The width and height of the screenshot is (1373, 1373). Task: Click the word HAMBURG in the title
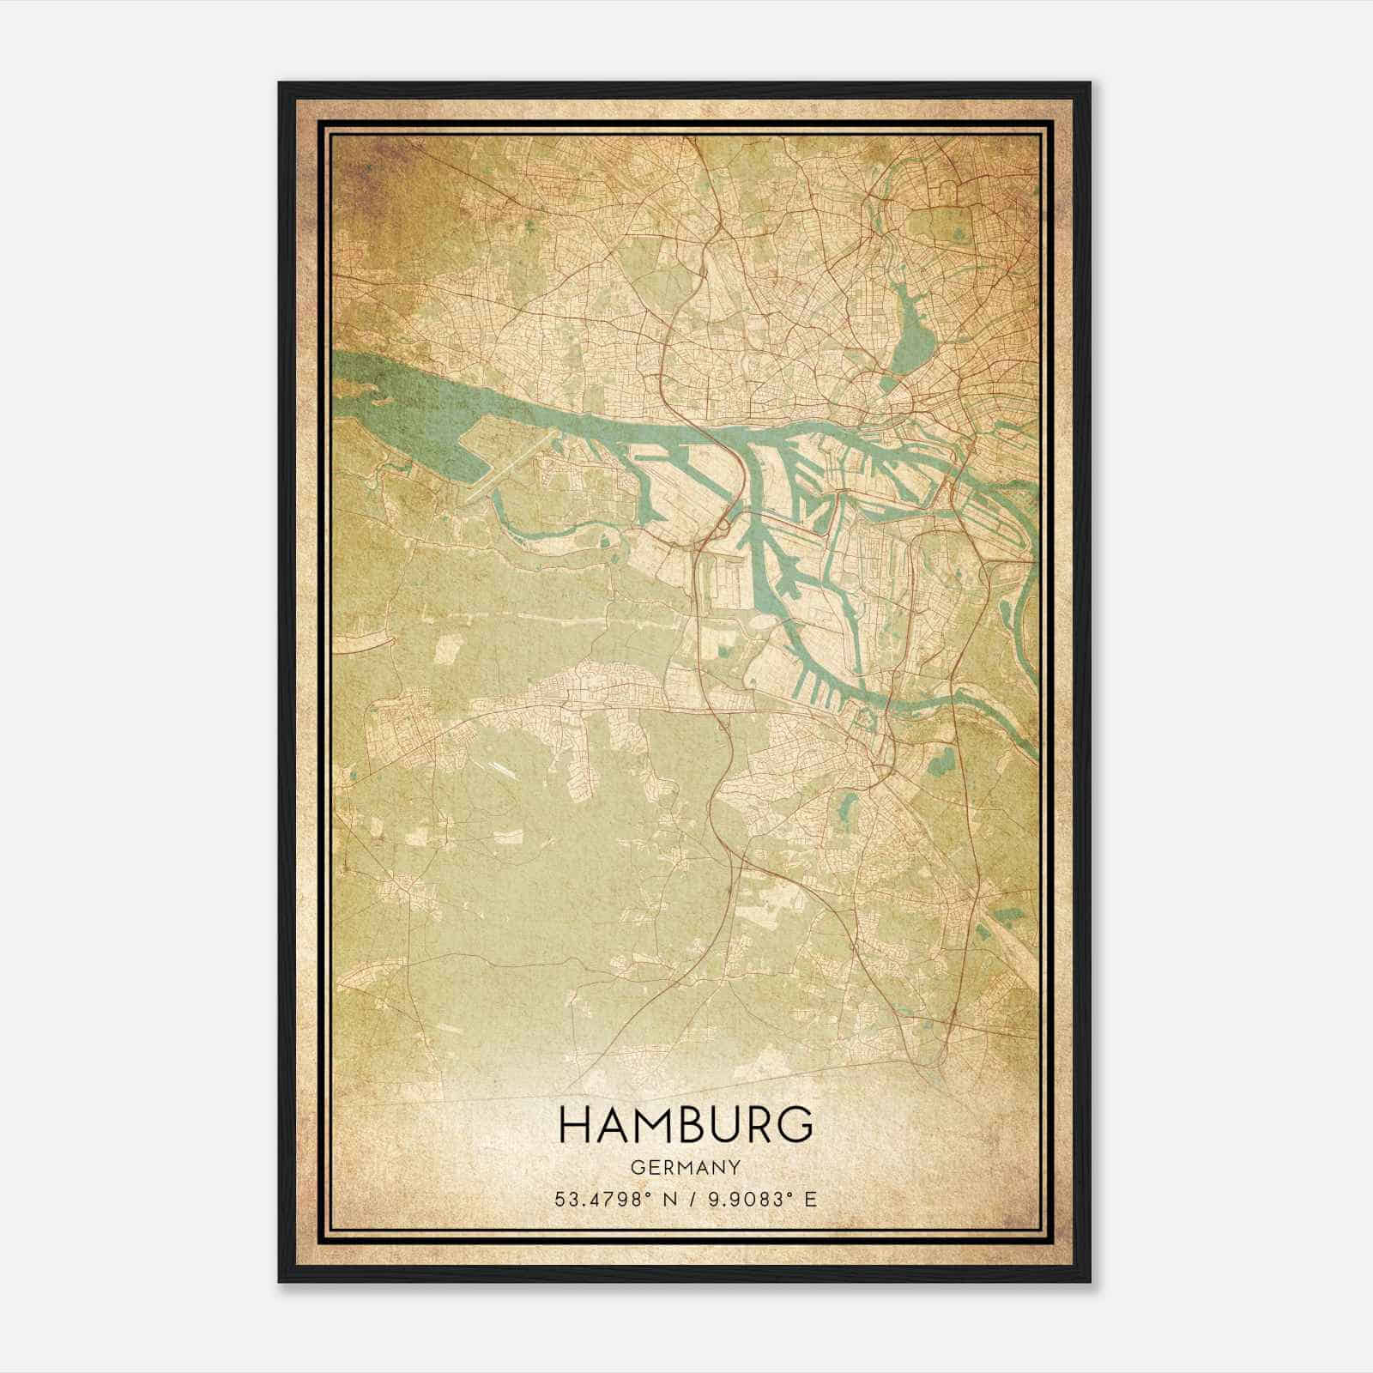coord(686,1124)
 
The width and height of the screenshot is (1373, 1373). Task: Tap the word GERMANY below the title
coord(686,1168)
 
